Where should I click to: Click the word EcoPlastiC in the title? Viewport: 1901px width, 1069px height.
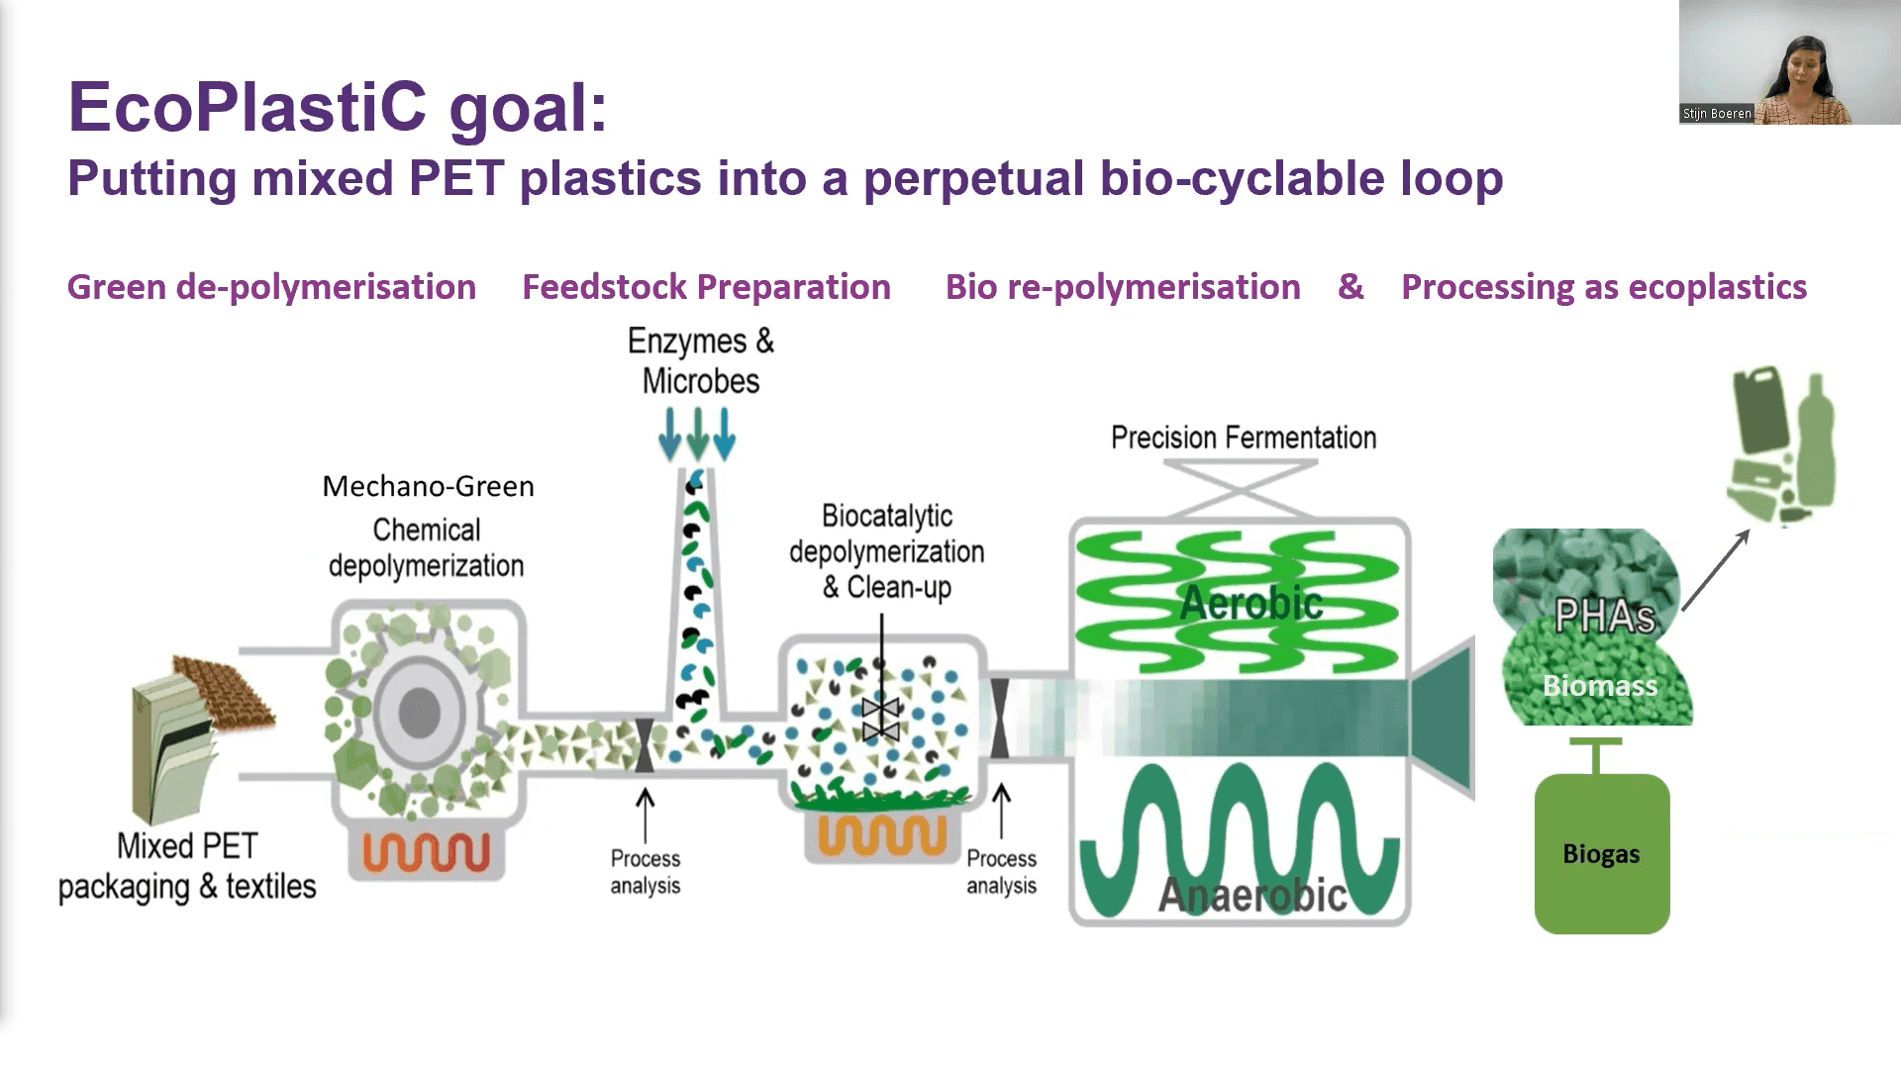coord(248,107)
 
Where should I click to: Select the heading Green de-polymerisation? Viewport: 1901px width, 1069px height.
coord(271,287)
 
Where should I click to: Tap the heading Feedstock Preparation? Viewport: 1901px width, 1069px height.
coord(706,287)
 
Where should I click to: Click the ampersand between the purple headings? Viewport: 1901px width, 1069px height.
coord(1351,287)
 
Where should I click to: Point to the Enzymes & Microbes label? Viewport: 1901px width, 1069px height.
coord(701,361)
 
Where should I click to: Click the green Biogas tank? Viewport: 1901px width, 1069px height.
coord(1601,853)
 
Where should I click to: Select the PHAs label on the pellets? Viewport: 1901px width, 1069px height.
coord(1604,616)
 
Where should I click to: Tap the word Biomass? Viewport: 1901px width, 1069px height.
coord(1599,685)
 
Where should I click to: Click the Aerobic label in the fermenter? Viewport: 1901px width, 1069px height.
coord(1251,603)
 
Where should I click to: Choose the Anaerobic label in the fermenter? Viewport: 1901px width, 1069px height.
coord(1251,896)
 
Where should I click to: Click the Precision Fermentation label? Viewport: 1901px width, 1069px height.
coord(1244,437)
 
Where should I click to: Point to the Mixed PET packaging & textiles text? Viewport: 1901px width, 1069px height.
coord(187,867)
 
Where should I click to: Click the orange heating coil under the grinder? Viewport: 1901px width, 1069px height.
coord(427,852)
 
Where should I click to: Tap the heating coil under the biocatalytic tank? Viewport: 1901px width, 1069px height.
coord(882,834)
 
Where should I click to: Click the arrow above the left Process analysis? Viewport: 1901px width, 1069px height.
coord(645,814)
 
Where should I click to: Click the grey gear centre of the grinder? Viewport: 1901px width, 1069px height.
coord(419,712)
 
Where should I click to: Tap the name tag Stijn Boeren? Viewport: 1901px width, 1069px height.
coord(1717,114)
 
